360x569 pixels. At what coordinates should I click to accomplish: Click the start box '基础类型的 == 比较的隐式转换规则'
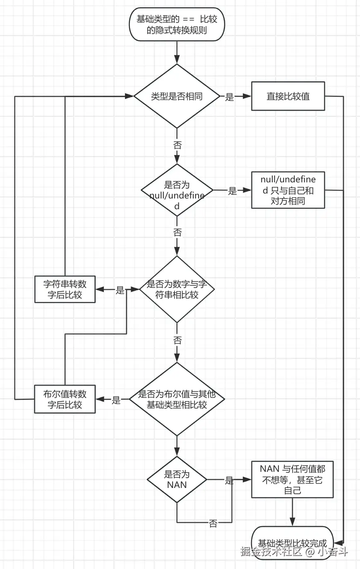177,25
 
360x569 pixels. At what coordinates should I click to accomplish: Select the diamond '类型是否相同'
177,96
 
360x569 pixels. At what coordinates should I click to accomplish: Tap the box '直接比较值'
288,96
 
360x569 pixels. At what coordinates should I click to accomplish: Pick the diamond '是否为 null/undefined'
177,191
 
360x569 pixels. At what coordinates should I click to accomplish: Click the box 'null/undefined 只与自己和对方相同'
288,190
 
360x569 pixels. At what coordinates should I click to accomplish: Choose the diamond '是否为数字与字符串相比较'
177,289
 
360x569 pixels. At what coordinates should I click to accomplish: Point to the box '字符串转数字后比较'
65,289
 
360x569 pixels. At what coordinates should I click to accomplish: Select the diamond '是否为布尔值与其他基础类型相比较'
177,399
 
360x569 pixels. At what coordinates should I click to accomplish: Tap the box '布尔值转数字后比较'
65,399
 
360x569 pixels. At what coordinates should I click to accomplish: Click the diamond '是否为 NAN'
177,480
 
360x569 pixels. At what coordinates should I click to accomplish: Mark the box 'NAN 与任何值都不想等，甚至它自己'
293,480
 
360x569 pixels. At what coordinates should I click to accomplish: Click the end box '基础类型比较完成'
293,543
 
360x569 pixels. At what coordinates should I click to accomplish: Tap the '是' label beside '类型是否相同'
230,97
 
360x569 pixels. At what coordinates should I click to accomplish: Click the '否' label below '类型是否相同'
177,146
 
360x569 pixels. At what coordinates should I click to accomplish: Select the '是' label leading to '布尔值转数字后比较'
116,400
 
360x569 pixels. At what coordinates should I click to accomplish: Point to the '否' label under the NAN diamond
213,524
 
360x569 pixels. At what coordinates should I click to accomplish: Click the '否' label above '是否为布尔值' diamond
177,340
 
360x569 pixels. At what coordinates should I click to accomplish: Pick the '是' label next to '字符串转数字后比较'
120,290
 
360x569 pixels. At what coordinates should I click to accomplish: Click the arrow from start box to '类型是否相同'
177,53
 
